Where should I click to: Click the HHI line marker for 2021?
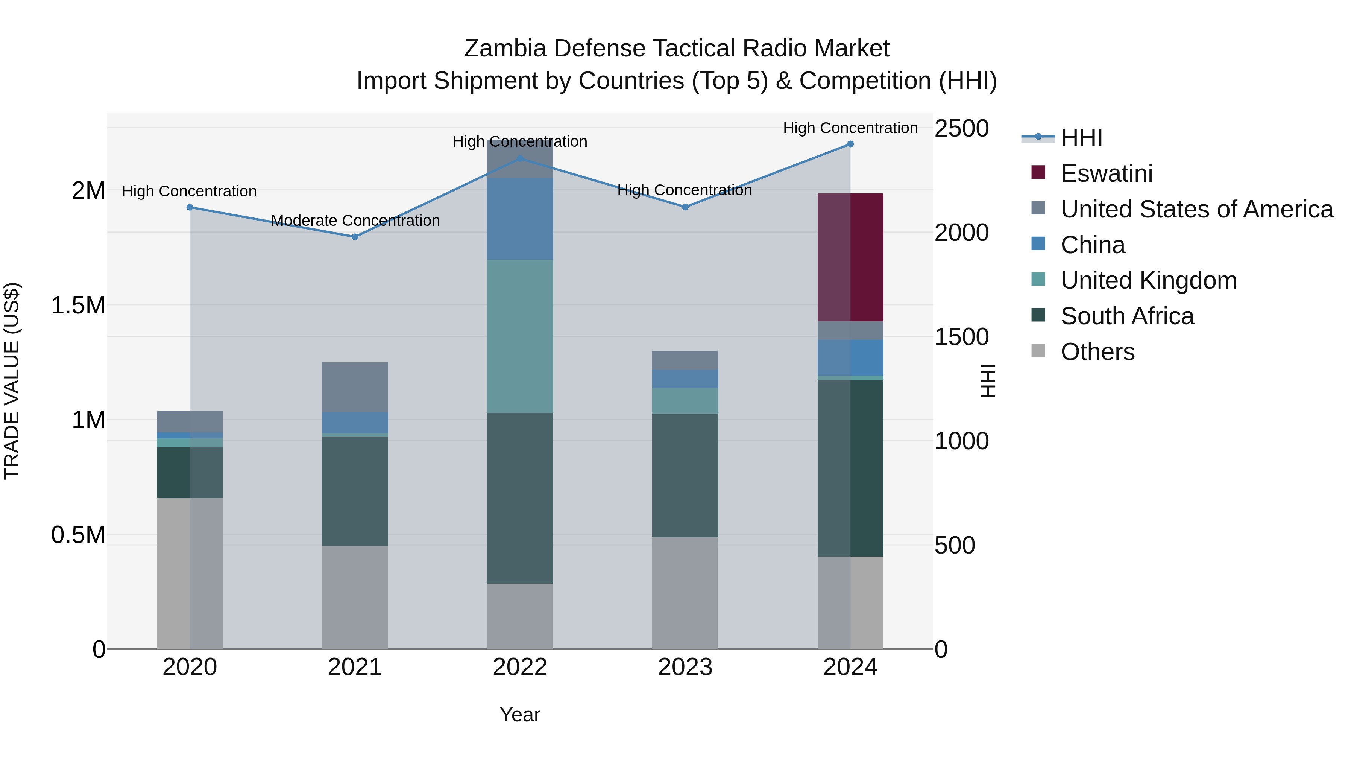click(x=355, y=237)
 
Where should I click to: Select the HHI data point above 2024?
click(x=850, y=144)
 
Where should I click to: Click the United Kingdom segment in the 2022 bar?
click(x=520, y=336)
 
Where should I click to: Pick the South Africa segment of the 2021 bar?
click(x=355, y=491)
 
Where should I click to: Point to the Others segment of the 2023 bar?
click(x=685, y=593)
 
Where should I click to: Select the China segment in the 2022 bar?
click(x=520, y=218)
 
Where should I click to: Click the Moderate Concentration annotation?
click(x=355, y=221)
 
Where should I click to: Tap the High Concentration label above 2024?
click(x=850, y=128)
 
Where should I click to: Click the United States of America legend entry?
click(x=1196, y=209)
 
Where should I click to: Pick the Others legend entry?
click(x=1097, y=352)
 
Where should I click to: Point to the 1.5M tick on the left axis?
click(x=78, y=305)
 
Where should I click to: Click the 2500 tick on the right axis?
click(x=961, y=128)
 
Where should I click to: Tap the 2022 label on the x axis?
click(x=520, y=667)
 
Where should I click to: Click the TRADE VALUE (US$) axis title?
click(x=12, y=381)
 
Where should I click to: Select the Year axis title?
click(x=520, y=715)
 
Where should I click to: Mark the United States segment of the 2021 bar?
click(x=355, y=387)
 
